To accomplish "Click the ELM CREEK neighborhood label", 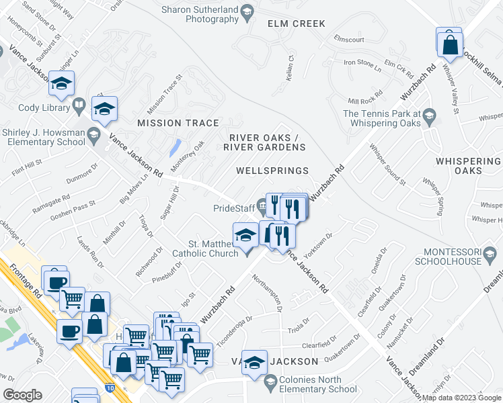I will click(296, 24).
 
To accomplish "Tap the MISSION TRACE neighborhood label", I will click(178, 123).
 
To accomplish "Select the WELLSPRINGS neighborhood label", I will click(272, 171).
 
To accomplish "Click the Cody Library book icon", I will click(79, 106).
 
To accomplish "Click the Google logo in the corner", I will click(22, 394).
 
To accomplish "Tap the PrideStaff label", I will click(233, 208).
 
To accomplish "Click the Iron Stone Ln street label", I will click(362, 63).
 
